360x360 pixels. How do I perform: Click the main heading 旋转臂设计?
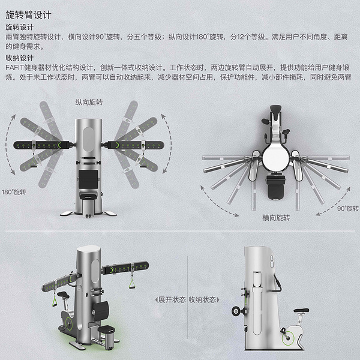click(x=28, y=15)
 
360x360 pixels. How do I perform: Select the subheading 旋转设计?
click(x=20, y=28)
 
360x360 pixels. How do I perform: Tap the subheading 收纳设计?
click(x=20, y=58)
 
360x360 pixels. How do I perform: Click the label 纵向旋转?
click(x=89, y=102)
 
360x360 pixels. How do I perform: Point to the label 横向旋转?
click(x=276, y=217)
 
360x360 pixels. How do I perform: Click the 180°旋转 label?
click(x=14, y=192)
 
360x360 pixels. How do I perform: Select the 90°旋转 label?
click(x=348, y=208)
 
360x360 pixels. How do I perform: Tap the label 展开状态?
click(x=170, y=299)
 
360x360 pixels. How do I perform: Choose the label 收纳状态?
click(x=204, y=299)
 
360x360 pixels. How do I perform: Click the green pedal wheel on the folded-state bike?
click(x=288, y=338)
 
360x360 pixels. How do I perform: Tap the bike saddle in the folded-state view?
click(x=301, y=310)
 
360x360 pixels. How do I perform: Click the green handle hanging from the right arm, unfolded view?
click(x=132, y=284)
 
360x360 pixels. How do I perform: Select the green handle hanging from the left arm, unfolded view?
click(x=55, y=301)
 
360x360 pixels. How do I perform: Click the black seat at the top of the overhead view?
click(x=276, y=110)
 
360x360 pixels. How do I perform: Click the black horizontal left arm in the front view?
click(x=41, y=145)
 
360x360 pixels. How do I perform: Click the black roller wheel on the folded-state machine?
click(x=236, y=311)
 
